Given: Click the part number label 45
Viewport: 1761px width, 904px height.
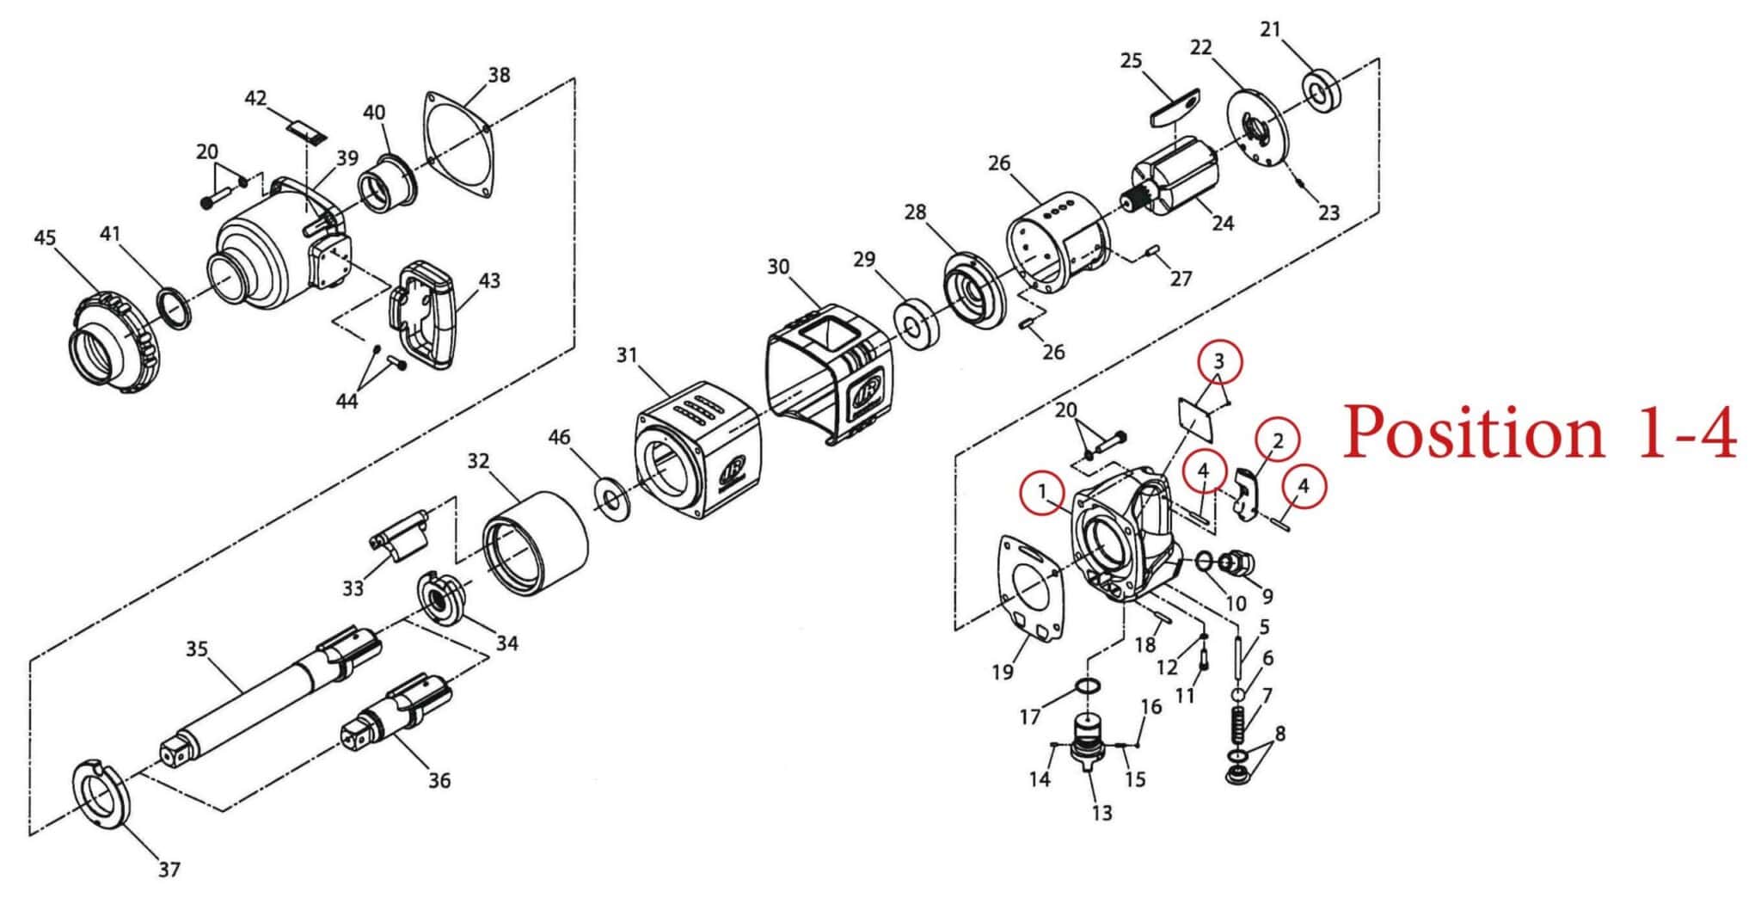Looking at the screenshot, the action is pos(45,237).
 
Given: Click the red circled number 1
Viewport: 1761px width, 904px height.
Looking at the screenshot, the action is pos(1042,492).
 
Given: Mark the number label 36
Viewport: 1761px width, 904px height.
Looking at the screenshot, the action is pos(439,780).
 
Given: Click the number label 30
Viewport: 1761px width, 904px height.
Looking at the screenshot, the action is pos(778,267).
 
